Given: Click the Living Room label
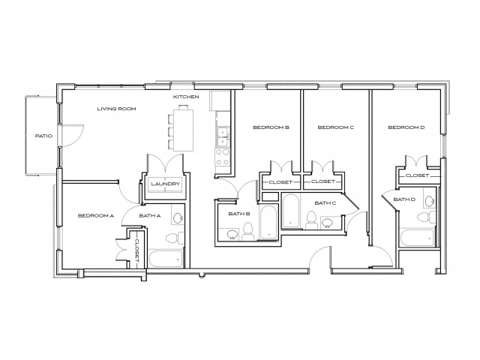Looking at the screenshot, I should tap(115, 109).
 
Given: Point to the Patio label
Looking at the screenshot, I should tap(42, 136).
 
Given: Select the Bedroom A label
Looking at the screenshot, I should tap(95, 216).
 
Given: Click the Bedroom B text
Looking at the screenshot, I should tap(271, 127).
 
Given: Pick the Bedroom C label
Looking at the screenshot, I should tap(335, 127).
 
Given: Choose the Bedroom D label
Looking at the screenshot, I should tap(406, 127).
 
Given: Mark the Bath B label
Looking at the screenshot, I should tap(238, 214).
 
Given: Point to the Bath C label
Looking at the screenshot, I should tap(325, 202).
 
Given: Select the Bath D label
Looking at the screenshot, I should tap(404, 199).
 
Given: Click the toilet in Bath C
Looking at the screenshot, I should tap(310, 217).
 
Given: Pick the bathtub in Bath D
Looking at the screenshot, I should tap(417, 239).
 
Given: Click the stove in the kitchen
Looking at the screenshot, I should tap(223, 157).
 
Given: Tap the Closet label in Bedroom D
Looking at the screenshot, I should tap(417, 175).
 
